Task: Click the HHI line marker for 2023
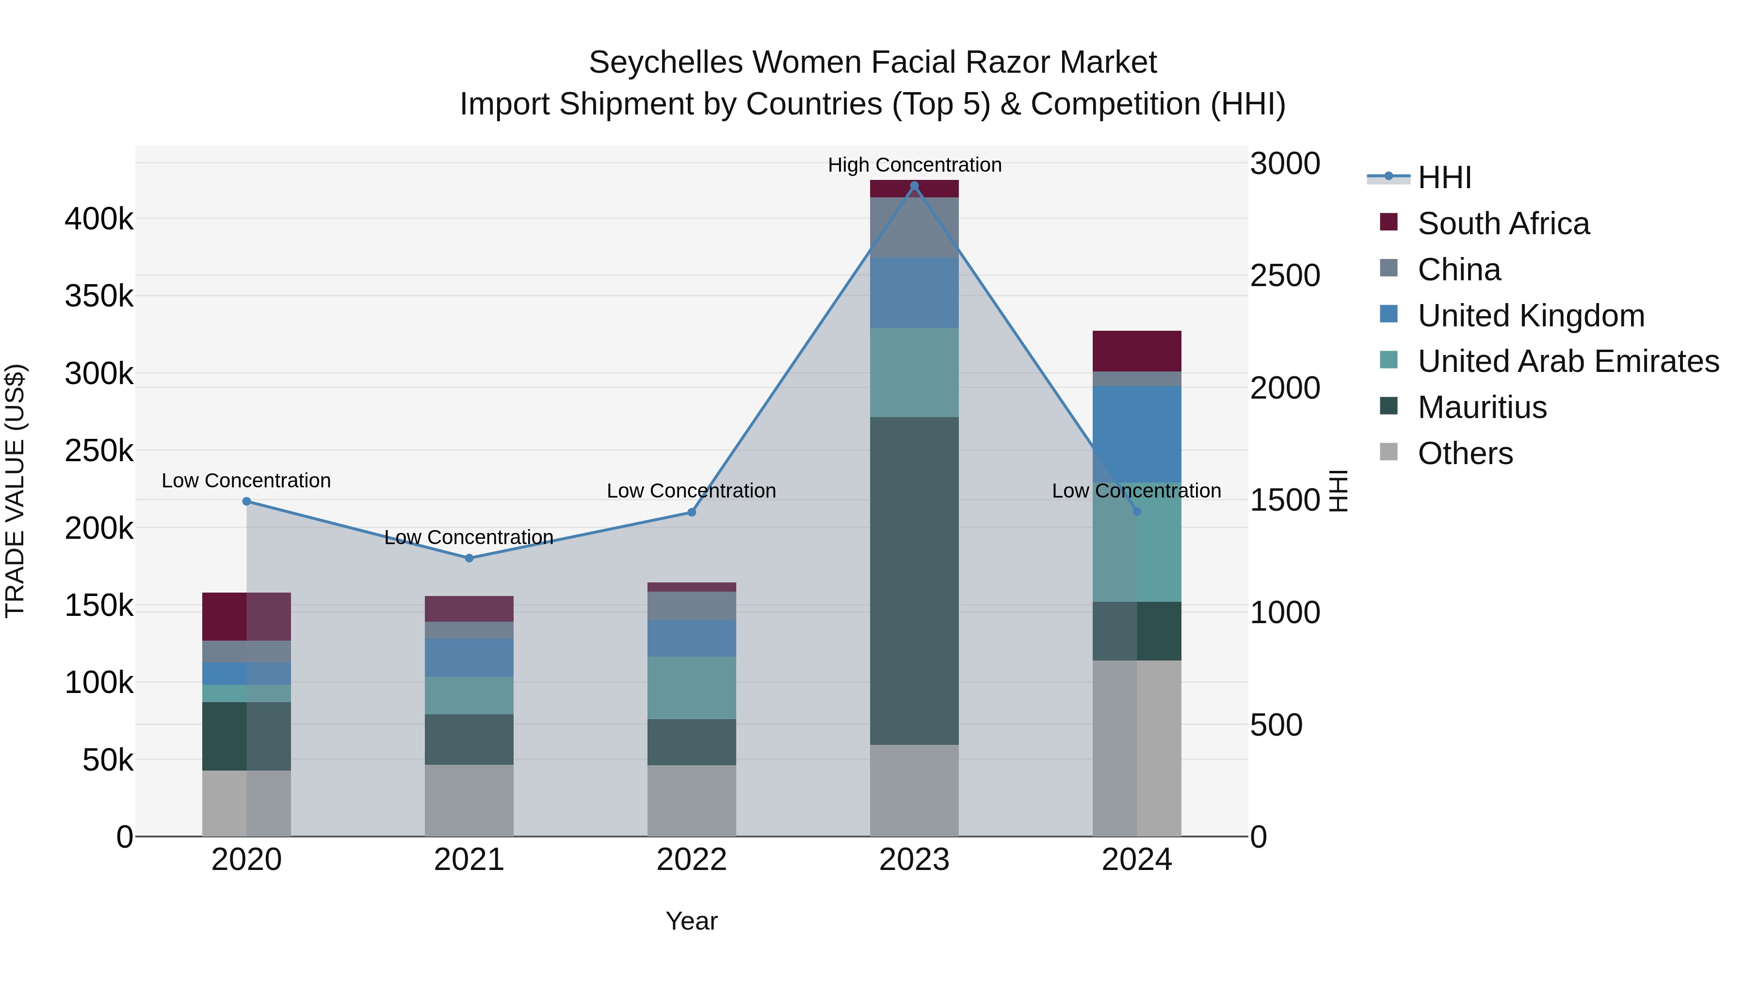point(914,186)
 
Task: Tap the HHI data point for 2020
point(247,501)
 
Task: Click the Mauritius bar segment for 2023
point(914,581)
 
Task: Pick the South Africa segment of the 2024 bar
point(1137,351)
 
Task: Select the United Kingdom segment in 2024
point(1137,435)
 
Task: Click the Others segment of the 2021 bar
point(469,800)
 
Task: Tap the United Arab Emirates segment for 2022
point(691,687)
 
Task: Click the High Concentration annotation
point(914,165)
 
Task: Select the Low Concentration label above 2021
point(469,537)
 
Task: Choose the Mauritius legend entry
point(1482,407)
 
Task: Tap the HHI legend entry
point(1444,177)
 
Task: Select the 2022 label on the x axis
point(691,860)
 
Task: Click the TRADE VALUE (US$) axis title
point(16,491)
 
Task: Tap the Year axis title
point(691,921)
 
